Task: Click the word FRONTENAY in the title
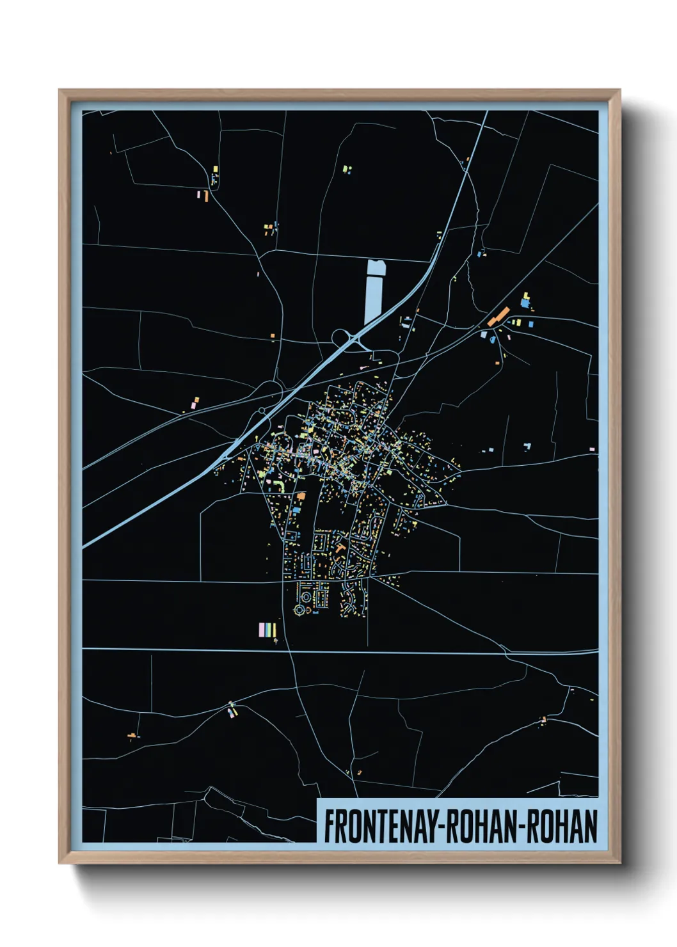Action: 380,826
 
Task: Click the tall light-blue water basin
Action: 373,291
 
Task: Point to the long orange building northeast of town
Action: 498,316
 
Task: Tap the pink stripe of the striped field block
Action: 262,630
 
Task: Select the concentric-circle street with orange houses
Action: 306,598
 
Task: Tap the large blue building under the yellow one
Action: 525,303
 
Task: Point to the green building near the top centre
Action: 346,169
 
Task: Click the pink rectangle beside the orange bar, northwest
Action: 199,194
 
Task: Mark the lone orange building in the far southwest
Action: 132,736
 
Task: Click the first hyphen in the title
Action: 440,827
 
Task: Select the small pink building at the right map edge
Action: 592,450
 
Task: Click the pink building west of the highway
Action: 194,405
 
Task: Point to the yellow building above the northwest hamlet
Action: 216,169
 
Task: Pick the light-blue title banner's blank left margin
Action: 321,821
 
